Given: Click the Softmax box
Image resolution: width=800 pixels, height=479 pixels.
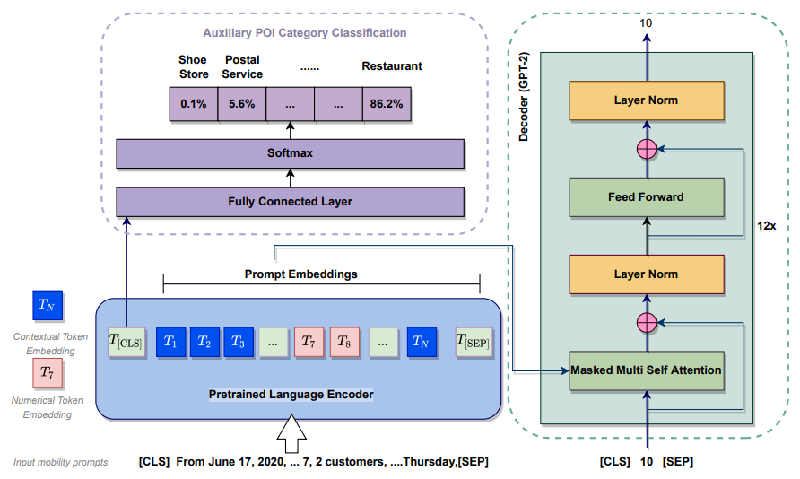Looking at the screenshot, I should point(290,153).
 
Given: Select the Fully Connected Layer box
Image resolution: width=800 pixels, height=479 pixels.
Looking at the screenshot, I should point(290,202).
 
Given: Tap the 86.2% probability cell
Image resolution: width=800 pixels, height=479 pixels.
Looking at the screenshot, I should point(386,104).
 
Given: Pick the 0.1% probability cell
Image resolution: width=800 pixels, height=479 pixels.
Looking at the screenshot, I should point(194,104).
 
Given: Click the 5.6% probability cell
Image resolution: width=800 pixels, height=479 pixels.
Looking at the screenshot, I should point(242,104).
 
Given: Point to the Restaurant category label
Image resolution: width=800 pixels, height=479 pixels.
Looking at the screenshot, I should point(391,66).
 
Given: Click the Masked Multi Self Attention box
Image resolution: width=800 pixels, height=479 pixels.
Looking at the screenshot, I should point(646,370).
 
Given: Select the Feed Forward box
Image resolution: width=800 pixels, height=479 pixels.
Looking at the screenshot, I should point(646,197).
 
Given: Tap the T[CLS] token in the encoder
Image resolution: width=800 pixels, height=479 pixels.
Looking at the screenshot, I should point(126,341).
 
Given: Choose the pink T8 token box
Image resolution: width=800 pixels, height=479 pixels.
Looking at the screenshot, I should point(343,341).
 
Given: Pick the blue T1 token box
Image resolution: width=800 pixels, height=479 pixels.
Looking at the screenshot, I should point(170,341).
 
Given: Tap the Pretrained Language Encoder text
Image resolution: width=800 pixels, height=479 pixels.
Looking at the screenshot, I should point(291,394).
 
